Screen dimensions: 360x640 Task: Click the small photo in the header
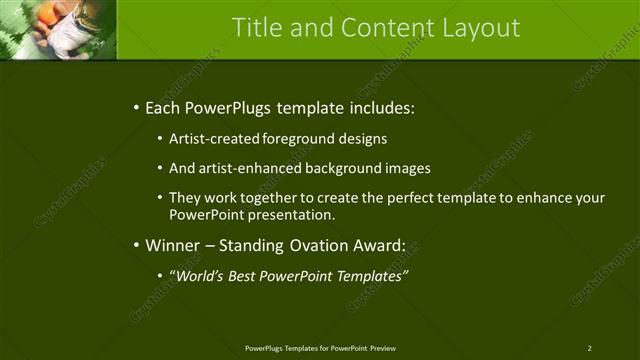(x=58, y=29)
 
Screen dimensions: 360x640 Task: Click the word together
(x=266, y=198)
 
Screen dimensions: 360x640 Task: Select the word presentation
(x=298, y=214)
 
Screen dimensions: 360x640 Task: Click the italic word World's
(x=200, y=274)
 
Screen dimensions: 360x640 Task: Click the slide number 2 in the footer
(x=589, y=347)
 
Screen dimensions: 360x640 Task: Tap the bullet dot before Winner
(x=135, y=245)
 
